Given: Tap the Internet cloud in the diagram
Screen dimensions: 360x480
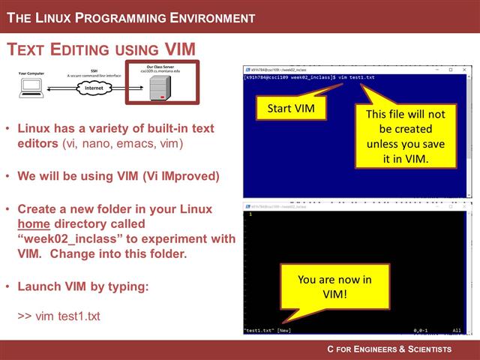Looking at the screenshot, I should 94,88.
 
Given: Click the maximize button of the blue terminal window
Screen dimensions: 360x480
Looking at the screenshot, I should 451,70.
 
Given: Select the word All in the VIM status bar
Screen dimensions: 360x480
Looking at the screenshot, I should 457,330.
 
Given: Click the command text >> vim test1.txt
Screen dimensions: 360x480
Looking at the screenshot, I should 58,316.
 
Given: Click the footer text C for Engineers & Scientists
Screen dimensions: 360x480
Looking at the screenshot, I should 389,349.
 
